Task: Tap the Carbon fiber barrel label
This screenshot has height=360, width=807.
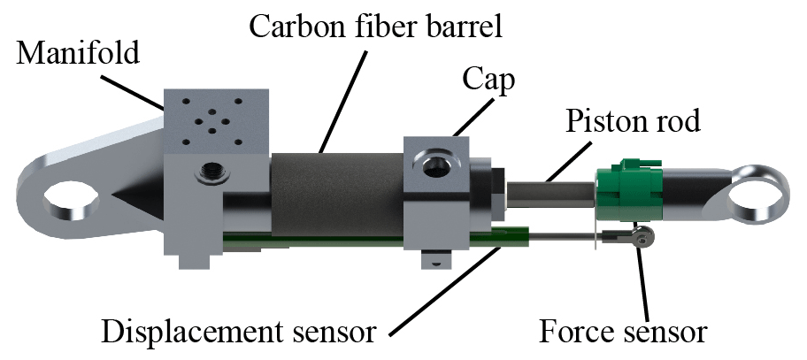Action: click(x=375, y=27)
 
